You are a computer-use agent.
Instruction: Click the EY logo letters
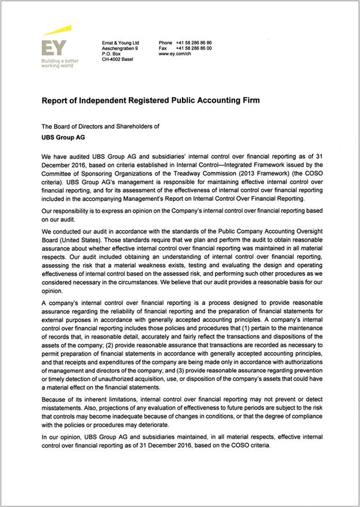(x=54, y=48)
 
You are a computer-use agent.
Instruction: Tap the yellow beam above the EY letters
(x=57, y=31)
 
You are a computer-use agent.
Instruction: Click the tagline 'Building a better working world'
(x=60, y=63)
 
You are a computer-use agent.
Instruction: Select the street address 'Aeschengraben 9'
(x=120, y=48)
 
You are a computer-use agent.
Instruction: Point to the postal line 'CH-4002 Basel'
(x=117, y=59)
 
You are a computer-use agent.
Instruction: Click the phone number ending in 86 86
(x=194, y=43)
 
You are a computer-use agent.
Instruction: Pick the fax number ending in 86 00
(x=194, y=48)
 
